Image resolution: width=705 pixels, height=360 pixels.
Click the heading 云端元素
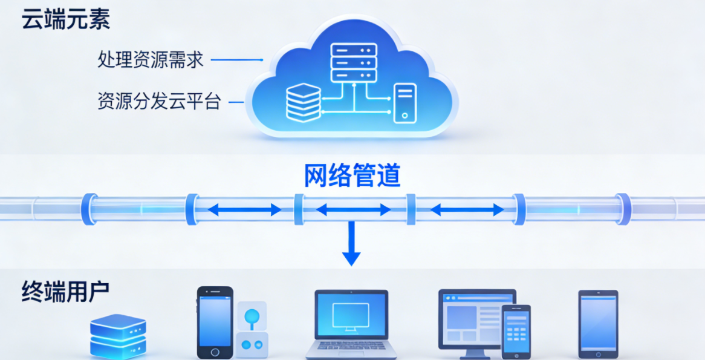click(65, 20)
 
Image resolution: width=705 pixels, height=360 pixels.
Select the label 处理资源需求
click(151, 60)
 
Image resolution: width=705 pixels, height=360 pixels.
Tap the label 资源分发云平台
click(159, 101)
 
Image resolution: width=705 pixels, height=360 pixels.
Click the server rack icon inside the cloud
click(354, 62)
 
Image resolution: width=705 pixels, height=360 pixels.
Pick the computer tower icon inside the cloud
click(404, 103)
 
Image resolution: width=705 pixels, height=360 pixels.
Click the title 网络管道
click(352, 175)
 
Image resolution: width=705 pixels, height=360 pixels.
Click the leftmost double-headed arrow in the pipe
click(244, 210)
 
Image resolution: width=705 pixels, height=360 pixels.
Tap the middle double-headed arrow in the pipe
click(353, 210)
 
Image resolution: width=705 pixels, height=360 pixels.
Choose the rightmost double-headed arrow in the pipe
click(467, 210)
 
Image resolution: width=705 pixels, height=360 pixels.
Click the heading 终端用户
click(65, 292)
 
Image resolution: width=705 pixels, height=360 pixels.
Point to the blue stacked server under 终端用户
click(118, 336)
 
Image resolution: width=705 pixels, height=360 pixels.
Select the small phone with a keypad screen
click(516, 332)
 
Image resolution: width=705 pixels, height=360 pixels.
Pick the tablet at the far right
click(598, 324)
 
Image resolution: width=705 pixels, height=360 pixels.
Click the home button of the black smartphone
click(215, 352)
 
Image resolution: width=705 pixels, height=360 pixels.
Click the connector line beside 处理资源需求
click(236, 60)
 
